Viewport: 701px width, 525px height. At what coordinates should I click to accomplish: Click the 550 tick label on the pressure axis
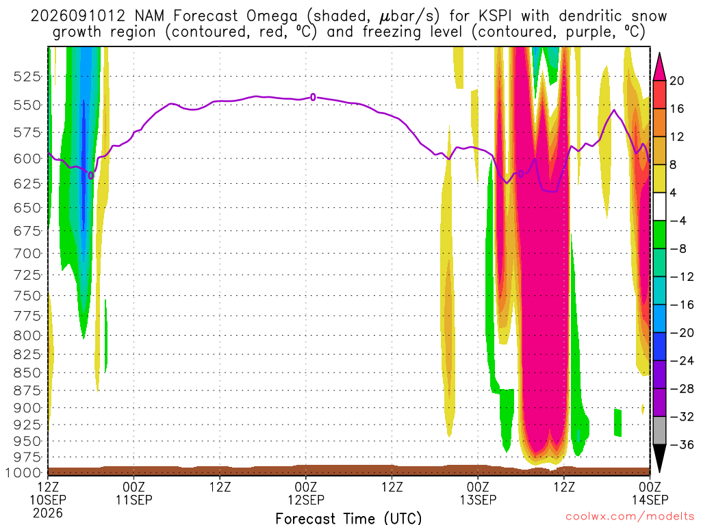point(27,105)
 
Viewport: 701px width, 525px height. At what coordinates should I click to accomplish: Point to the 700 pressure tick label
point(27,254)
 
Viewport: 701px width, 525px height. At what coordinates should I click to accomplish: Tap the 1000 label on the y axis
point(24,473)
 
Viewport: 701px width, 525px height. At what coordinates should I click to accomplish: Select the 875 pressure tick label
point(27,390)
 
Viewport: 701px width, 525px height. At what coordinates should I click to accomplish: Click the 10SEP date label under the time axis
point(48,500)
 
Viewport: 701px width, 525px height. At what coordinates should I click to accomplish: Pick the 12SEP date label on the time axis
point(306,500)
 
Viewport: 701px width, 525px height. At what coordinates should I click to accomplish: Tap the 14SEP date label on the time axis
point(650,500)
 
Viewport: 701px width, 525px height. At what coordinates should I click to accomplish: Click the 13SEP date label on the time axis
point(478,500)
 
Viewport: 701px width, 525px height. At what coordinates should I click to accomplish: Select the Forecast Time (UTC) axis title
point(348,518)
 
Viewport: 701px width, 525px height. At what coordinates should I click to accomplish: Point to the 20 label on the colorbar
point(676,81)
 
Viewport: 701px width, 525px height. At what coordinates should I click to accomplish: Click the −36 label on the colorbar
point(682,444)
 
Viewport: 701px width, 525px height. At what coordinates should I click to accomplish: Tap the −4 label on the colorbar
point(678,221)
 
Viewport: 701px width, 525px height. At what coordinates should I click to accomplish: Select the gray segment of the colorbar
point(659,431)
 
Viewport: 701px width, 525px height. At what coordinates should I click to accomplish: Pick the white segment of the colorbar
point(659,206)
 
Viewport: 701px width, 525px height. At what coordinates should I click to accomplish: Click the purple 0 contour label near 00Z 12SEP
point(313,97)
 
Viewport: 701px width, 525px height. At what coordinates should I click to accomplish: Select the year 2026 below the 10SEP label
point(48,513)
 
